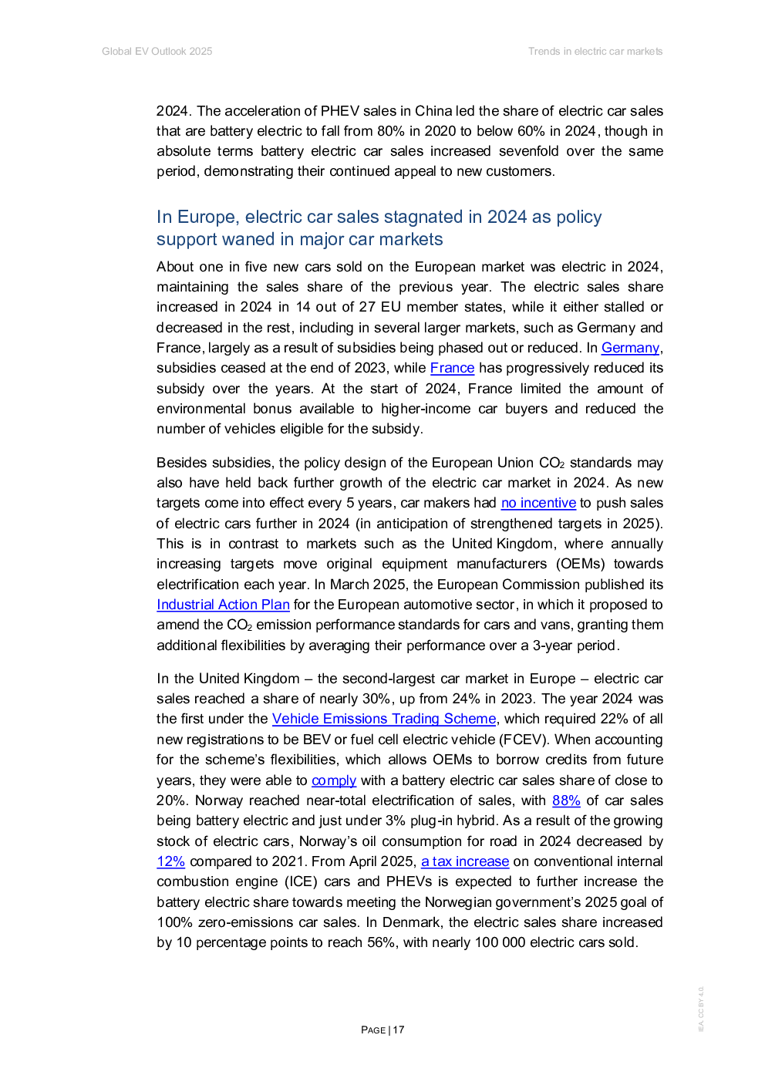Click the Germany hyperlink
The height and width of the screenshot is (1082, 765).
click(x=630, y=348)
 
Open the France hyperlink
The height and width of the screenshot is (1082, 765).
click(x=452, y=368)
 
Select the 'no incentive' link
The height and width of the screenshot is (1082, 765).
click(x=538, y=503)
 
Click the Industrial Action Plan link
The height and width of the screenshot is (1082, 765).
click(x=223, y=605)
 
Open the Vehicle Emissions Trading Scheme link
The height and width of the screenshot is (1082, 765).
click(x=384, y=719)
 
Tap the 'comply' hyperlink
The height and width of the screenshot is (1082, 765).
click(x=334, y=780)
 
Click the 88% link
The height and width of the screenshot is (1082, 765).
click(x=566, y=801)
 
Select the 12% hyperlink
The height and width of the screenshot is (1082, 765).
click(x=171, y=861)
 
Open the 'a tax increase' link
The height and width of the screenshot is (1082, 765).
click(x=465, y=861)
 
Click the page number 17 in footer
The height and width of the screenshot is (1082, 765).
click(x=399, y=1030)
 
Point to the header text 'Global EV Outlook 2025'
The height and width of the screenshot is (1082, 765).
click(x=157, y=51)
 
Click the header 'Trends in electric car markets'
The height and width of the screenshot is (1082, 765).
click(x=595, y=51)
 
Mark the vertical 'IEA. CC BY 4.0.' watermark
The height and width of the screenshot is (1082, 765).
click(x=700, y=1009)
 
